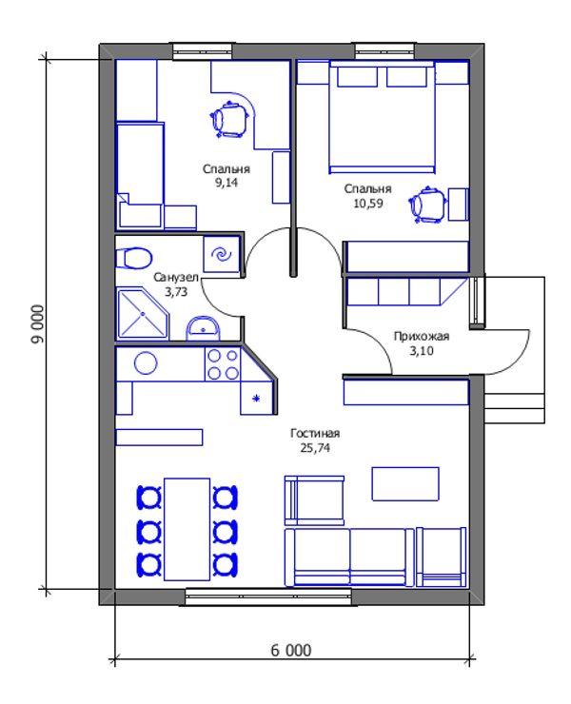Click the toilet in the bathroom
(x=133, y=258)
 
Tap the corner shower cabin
(x=143, y=314)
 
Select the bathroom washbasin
(x=203, y=328)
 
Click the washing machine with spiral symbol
(x=221, y=255)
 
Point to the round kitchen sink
(x=146, y=362)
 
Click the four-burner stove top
(x=223, y=364)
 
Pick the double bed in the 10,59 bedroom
(x=383, y=117)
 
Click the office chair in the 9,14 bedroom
(x=229, y=119)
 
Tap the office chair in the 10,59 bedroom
(x=427, y=205)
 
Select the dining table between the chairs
(x=187, y=529)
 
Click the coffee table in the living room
(x=405, y=483)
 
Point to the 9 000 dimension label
(x=39, y=323)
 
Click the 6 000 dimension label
(x=290, y=650)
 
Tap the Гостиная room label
(x=315, y=433)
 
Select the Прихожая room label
(x=421, y=336)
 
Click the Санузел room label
(x=176, y=278)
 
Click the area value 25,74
(x=315, y=448)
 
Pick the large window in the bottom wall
(x=268, y=596)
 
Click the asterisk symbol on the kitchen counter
(x=257, y=398)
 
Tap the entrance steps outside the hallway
(x=515, y=408)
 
